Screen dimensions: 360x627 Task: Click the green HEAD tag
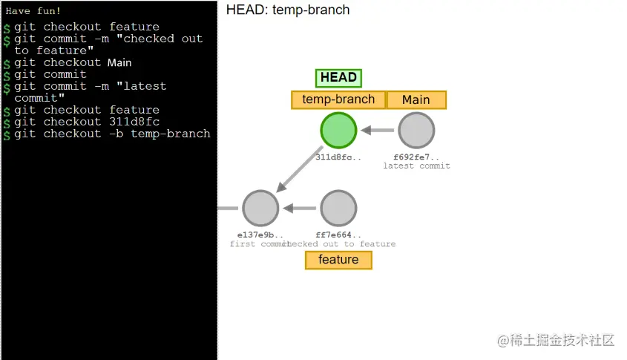click(338, 78)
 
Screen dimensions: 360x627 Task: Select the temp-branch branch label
click(338, 100)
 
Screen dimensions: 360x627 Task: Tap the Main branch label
click(416, 100)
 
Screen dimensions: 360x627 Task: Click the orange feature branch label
click(338, 260)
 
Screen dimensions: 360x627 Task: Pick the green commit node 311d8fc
click(338, 131)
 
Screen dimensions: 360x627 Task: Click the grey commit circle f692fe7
click(416, 131)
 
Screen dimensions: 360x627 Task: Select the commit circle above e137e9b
click(260, 208)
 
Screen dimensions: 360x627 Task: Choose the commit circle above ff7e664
click(338, 208)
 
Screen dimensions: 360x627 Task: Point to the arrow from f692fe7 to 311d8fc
click(377, 131)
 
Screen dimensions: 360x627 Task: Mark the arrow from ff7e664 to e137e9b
click(300, 208)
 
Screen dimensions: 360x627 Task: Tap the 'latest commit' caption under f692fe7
click(416, 166)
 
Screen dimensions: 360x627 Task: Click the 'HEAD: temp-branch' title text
click(288, 10)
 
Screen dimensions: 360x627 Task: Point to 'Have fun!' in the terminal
click(33, 11)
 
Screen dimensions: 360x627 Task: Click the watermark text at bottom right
click(557, 340)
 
